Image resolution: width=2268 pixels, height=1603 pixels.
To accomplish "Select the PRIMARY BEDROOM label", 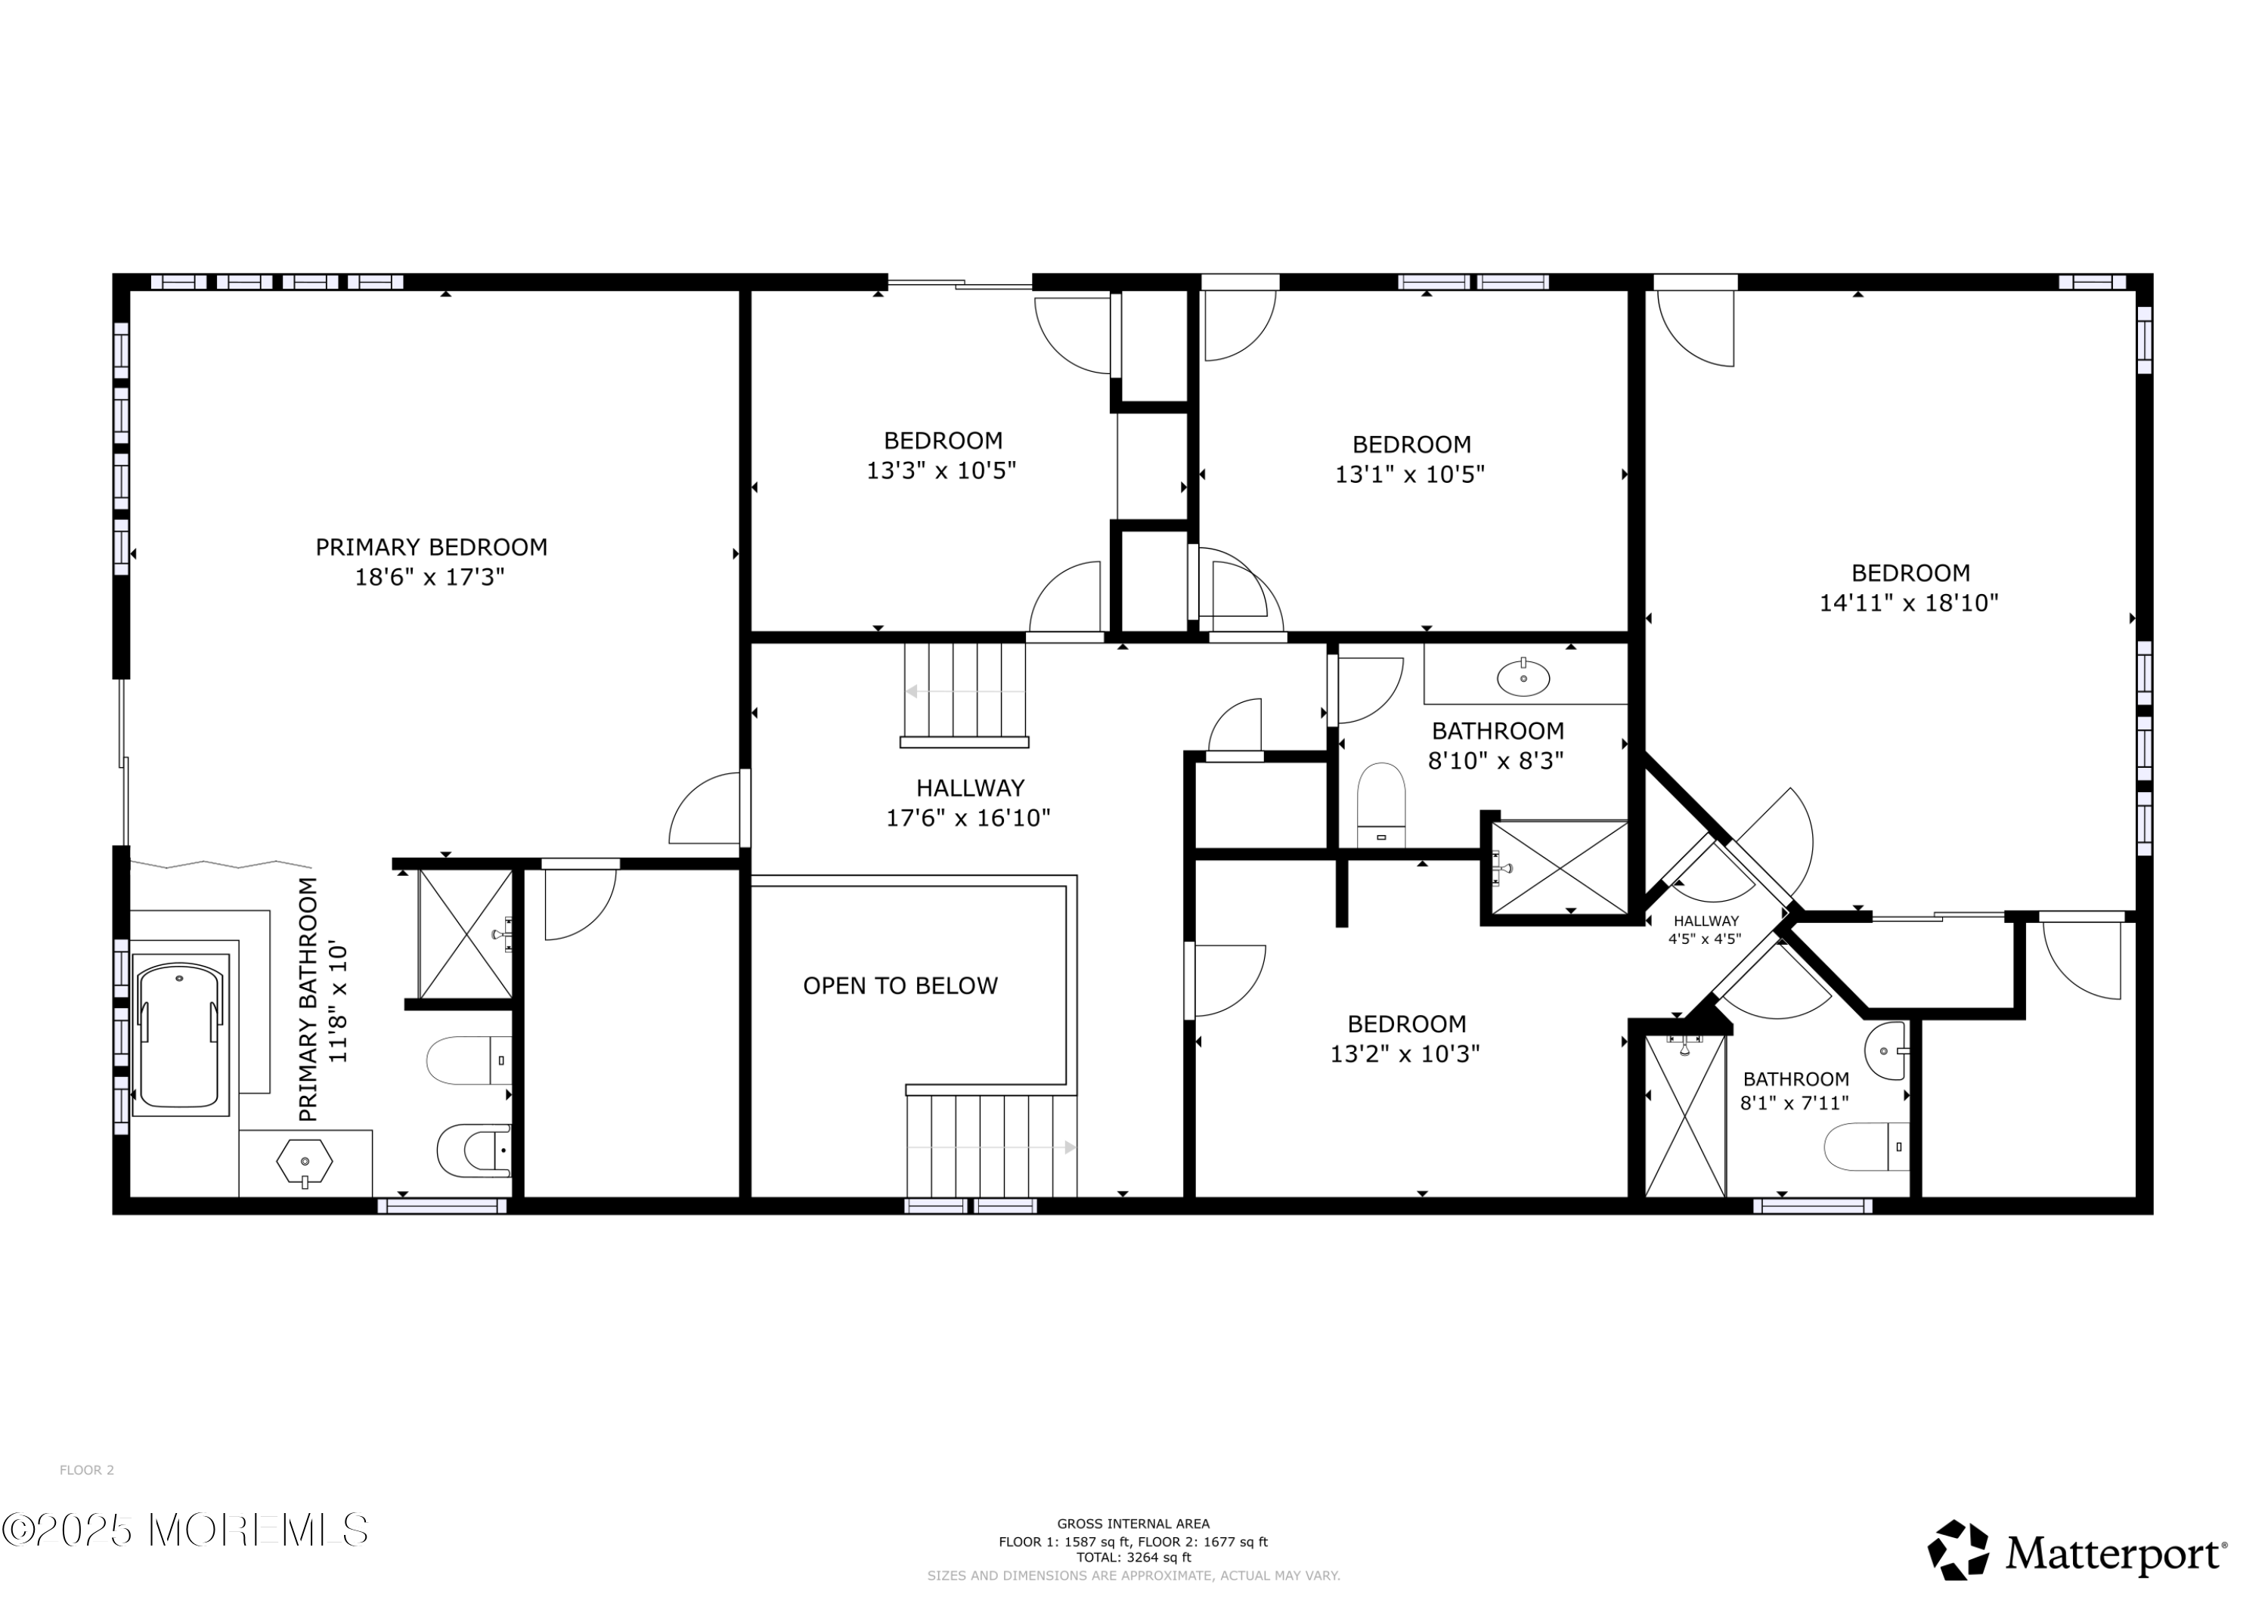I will [431, 547].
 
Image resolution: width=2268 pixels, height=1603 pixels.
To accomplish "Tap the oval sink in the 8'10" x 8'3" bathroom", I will [1523, 677].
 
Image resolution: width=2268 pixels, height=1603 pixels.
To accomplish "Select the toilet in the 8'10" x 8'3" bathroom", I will [1381, 804].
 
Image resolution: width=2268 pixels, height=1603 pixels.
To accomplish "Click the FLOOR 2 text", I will [87, 1470].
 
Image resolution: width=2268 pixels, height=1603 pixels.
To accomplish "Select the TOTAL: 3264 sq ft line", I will [1133, 1558].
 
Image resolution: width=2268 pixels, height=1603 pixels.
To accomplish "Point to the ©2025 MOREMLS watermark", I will [184, 1530].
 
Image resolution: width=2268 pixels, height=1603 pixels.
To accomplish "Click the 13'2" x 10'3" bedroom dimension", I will [1405, 1054].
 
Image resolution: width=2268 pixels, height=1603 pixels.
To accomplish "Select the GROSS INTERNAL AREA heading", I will [1133, 1524].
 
